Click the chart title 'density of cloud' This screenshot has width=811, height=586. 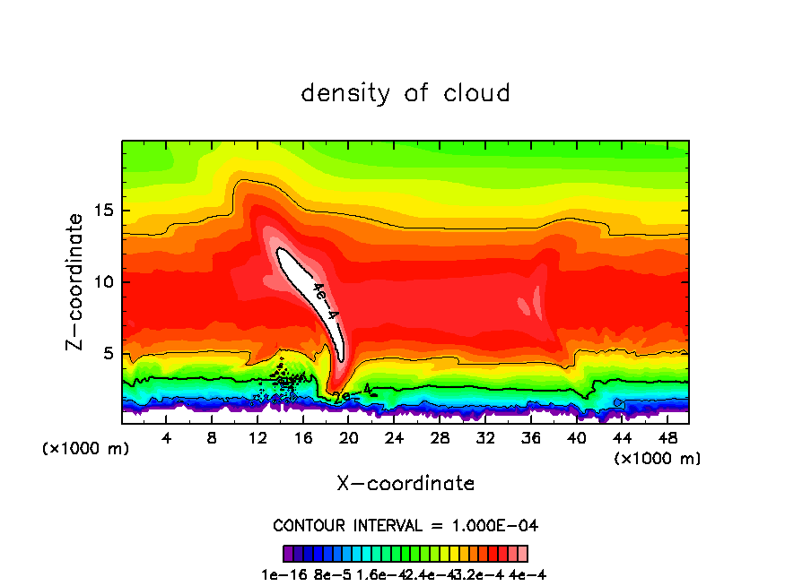pyautogui.click(x=405, y=92)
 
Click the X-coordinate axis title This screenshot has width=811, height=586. pyautogui.click(x=405, y=484)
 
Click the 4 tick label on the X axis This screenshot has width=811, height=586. pyautogui.click(x=167, y=438)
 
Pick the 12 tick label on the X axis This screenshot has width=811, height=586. pyautogui.click(x=257, y=438)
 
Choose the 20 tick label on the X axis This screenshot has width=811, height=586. pyautogui.click(x=349, y=438)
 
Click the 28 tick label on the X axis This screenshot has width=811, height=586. pyautogui.click(x=440, y=438)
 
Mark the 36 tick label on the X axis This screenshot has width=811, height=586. pyautogui.click(x=530, y=438)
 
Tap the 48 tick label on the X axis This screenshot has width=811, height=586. pyautogui.click(x=667, y=438)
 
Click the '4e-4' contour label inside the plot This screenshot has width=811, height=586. pyautogui.click(x=325, y=302)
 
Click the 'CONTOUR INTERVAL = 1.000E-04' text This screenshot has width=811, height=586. pyautogui.click(x=405, y=525)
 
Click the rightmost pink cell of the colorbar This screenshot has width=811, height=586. pyautogui.click(x=523, y=554)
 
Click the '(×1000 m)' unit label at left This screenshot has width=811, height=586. pyautogui.click(x=86, y=449)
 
